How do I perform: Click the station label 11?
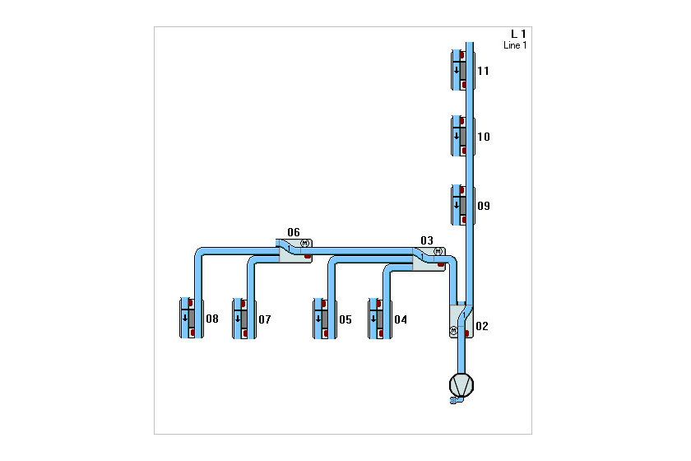pos(483,71)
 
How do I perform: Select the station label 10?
pos(484,137)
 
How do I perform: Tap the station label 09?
pos(484,206)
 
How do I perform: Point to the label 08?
pos(212,319)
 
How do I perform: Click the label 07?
pos(264,319)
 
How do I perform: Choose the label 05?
pos(345,319)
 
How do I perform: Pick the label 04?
pos(401,319)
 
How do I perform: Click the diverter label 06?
pos(294,232)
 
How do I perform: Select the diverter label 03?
pos(427,240)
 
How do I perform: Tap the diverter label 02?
pos(482,326)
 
